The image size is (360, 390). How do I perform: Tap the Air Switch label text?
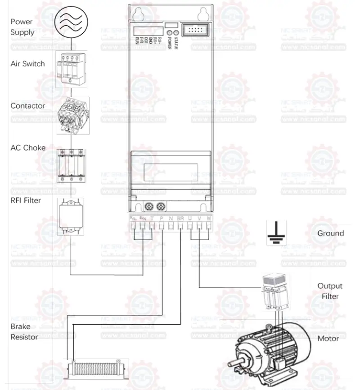(28, 64)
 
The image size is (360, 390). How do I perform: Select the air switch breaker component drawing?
(71, 67)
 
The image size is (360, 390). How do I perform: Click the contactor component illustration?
(72, 114)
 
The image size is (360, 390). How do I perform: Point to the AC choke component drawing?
(72, 165)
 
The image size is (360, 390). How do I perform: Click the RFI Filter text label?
(26, 200)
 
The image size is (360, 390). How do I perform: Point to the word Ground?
(330, 233)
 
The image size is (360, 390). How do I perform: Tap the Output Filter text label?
(330, 291)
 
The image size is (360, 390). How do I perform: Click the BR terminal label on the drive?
(180, 218)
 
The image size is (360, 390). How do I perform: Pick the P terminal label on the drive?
(162, 218)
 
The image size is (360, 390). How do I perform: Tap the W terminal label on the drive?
(209, 218)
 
